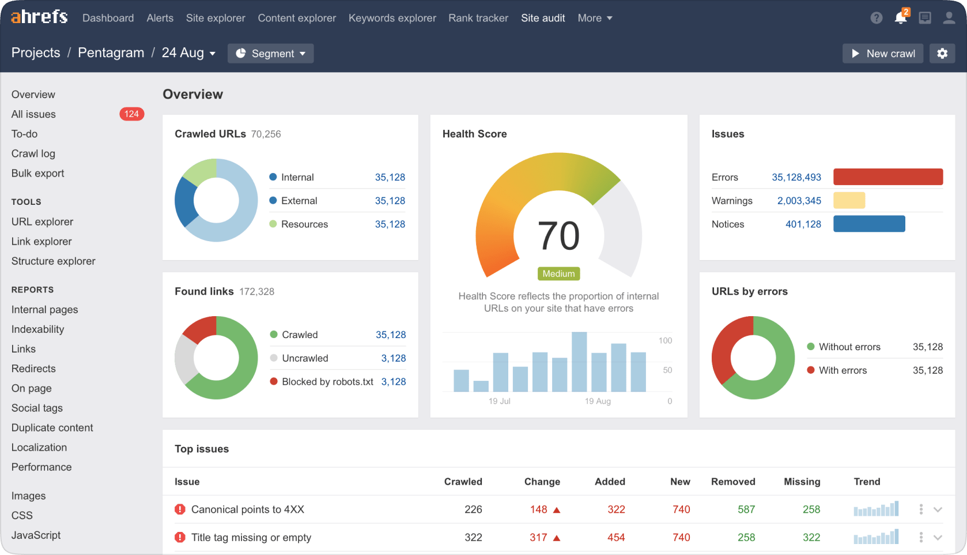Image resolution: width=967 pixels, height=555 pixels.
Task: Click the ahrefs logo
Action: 39,17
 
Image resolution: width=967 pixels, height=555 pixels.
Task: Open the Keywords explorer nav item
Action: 392,18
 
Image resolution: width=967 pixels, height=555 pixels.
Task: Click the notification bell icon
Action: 900,18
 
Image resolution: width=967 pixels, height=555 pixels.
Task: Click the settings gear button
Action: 942,54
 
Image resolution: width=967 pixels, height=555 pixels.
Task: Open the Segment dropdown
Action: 271,54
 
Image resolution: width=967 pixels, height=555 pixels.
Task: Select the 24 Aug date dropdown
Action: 188,53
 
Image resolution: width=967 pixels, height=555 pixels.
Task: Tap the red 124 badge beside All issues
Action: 131,114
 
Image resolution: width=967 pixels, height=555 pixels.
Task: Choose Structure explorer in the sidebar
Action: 54,261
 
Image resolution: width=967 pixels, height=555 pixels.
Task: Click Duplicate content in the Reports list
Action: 52,428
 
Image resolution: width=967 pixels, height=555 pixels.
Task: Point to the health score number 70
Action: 558,236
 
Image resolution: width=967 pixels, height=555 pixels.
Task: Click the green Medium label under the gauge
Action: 558,273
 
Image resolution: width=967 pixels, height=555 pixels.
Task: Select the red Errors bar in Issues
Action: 887,177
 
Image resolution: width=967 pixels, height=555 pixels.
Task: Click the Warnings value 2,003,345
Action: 799,201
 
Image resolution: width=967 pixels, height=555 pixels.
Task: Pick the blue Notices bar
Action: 869,224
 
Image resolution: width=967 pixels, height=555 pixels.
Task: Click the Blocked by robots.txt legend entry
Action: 327,382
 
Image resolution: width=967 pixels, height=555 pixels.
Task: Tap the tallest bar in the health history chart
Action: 579,362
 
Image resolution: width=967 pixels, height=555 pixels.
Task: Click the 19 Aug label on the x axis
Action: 598,401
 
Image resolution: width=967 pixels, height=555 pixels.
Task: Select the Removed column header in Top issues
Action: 733,482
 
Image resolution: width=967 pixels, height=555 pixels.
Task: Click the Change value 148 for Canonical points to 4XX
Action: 539,510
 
